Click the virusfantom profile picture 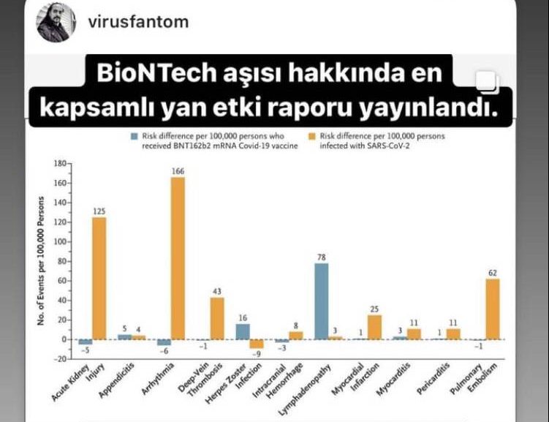56,22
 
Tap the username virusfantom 138,22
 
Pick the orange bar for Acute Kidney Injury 99,278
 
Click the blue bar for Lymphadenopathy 321,301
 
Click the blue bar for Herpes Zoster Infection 242,331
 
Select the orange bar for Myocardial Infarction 374,327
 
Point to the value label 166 178,171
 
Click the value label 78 321,257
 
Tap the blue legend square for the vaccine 135,136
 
